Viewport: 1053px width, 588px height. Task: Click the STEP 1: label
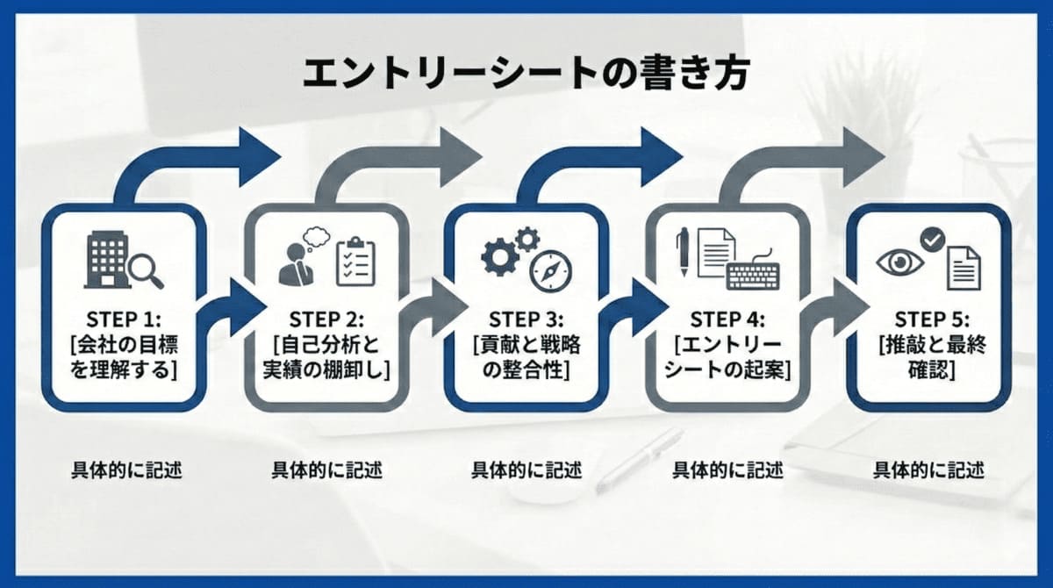pos(123,317)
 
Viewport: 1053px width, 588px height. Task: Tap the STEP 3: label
pos(526,317)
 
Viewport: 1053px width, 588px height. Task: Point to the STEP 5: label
pos(929,317)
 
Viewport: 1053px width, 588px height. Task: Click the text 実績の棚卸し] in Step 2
pos(325,369)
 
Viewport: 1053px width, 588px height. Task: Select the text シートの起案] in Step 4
pos(727,369)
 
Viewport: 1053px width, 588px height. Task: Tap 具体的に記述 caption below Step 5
pos(928,470)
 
